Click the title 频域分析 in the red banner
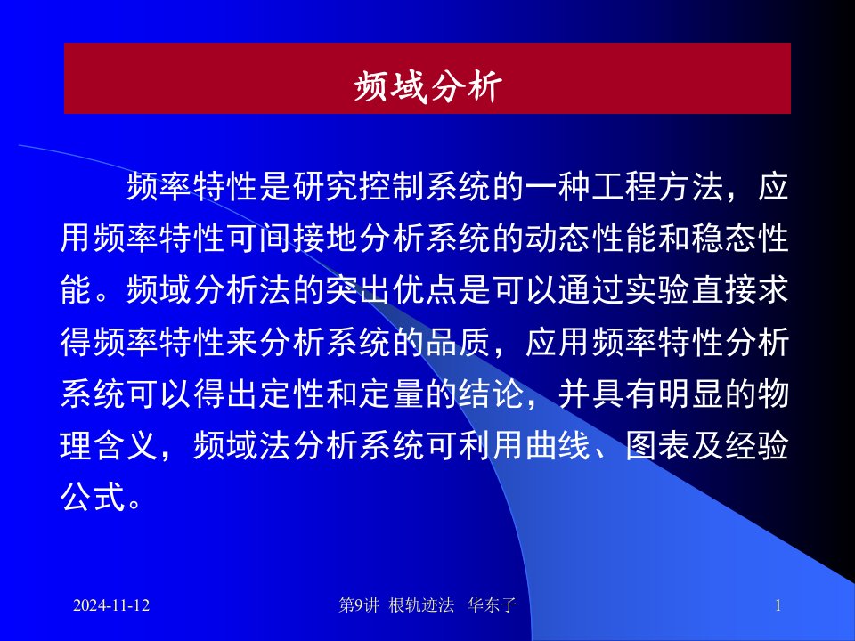428,86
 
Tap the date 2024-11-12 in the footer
111,605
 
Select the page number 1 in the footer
778,605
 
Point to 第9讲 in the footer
359,605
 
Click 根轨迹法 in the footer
421,605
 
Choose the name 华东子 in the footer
492,605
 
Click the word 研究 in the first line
326,186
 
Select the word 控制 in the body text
393,186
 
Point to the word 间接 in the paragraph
293,239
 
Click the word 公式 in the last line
94,497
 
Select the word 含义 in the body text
126,445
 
